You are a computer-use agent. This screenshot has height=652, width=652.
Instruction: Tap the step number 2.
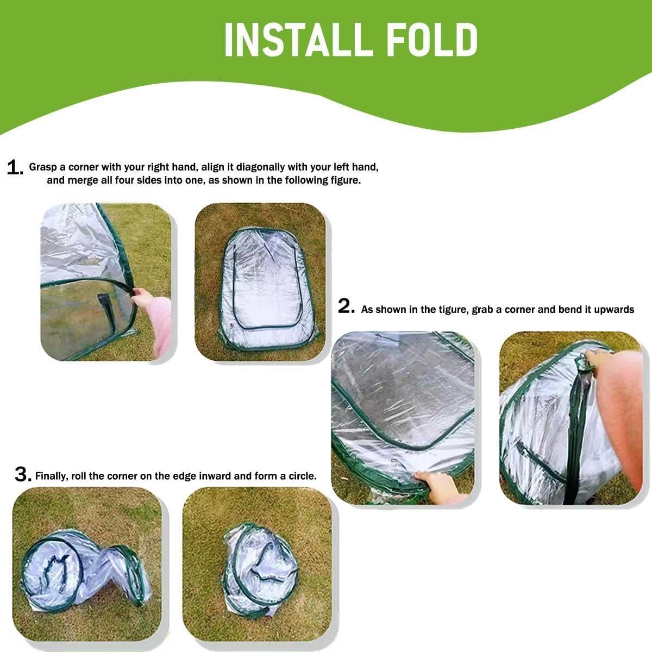(346, 307)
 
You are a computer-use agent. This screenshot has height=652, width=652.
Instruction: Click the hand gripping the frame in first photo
(143, 297)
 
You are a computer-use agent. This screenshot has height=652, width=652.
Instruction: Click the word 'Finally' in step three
(51, 477)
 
